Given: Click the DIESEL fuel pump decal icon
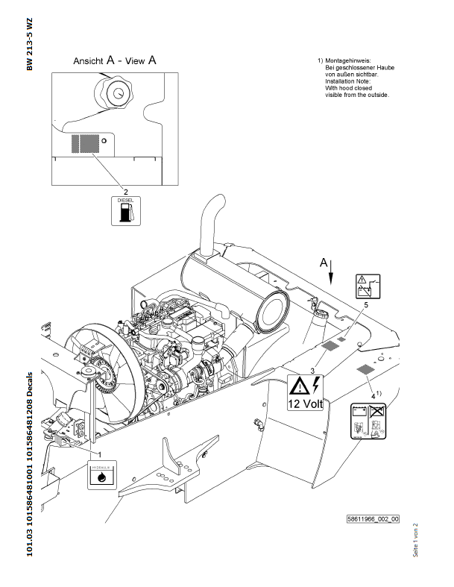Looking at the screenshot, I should pos(125,211).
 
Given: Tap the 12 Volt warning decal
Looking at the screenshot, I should pos(306,394).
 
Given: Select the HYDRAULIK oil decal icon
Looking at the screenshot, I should pos(101,474).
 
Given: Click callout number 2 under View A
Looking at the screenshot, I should pos(125,191).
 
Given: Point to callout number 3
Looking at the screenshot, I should pos(313,370).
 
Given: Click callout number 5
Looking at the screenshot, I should pos(366,305).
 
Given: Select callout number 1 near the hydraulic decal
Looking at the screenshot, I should pos(98,453).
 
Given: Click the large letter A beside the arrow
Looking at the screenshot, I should pos(323,263).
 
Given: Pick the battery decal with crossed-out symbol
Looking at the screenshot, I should pos(368,424).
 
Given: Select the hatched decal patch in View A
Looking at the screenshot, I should pos(84,143).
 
